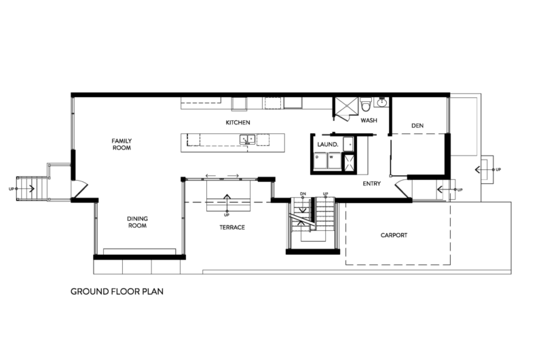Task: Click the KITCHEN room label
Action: click(x=238, y=123)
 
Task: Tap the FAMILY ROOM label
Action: click(x=121, y=144)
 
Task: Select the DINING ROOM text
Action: click(x=138, y=221)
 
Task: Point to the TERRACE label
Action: click(x=232, y=228)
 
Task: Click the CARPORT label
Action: click(x=394, y=235)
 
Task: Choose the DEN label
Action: click(x=417, y=126)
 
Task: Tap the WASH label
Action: click(x=369, y=120)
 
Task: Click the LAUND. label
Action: click(x=328, y=145)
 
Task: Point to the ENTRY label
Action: click(x=371, y=183)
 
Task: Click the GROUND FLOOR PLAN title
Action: click(x=117, y=291)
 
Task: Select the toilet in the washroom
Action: click(x=365, y=105)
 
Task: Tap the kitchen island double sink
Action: click(x=248, y=139)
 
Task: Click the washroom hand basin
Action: click(x=382, y=103)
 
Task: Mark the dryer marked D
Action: click(x=320, y=161)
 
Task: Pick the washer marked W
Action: click(x=335, y=161)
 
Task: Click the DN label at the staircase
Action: click(x=303, y=194)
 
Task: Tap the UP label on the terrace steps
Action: click(x=227, y=215)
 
